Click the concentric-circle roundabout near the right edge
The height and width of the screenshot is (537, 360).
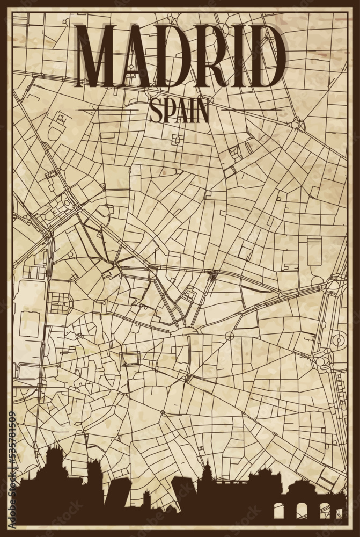coord(338,340)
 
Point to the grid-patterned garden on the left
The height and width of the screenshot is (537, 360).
coord(61,303)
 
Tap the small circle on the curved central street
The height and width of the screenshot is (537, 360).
coord(229,336)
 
